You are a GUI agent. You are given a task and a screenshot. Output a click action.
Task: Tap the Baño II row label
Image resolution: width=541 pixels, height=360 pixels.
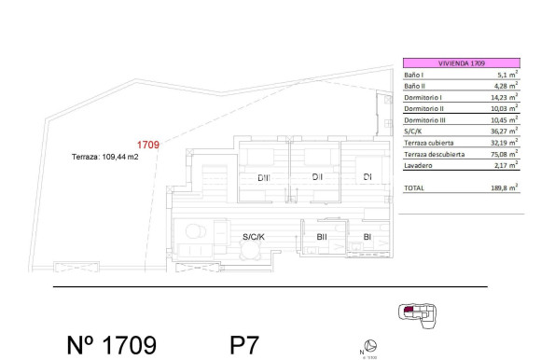point(415,86)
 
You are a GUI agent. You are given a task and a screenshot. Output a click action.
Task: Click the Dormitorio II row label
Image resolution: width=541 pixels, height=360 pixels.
point(423,108)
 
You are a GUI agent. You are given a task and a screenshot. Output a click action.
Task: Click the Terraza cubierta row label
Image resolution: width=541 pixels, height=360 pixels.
point(428,143)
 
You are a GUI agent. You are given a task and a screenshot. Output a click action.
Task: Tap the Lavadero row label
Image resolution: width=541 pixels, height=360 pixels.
point(417,165)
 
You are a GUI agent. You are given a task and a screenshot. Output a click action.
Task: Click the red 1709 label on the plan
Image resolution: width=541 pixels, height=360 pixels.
point(148,145)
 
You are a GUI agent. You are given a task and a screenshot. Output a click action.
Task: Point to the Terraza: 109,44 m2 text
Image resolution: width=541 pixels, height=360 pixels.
point(104,158)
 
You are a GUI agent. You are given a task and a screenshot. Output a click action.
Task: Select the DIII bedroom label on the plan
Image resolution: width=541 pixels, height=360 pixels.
point(265,177)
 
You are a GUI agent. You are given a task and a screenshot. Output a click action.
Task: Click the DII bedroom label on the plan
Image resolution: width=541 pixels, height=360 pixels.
point(317,177)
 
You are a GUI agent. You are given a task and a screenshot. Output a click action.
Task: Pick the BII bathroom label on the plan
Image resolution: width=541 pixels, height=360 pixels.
point(322,238)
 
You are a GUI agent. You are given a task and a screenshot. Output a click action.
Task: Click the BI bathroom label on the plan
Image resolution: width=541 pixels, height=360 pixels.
point(368,238)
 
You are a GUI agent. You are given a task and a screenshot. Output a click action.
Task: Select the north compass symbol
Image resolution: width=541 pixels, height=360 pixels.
point(370,345)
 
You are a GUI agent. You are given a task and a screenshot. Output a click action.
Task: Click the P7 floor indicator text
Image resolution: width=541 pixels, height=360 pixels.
point(243,345)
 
